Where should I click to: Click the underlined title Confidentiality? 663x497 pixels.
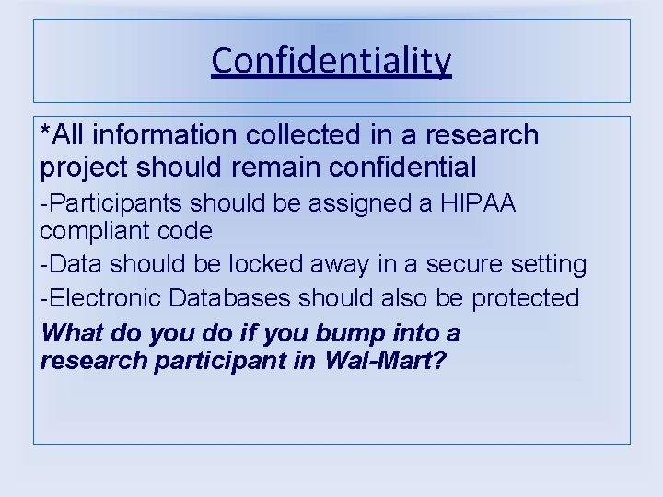click(x=331, y=62)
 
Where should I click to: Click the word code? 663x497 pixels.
click(x=187, y=229)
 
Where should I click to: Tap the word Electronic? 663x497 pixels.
click(x=102, y=298)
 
